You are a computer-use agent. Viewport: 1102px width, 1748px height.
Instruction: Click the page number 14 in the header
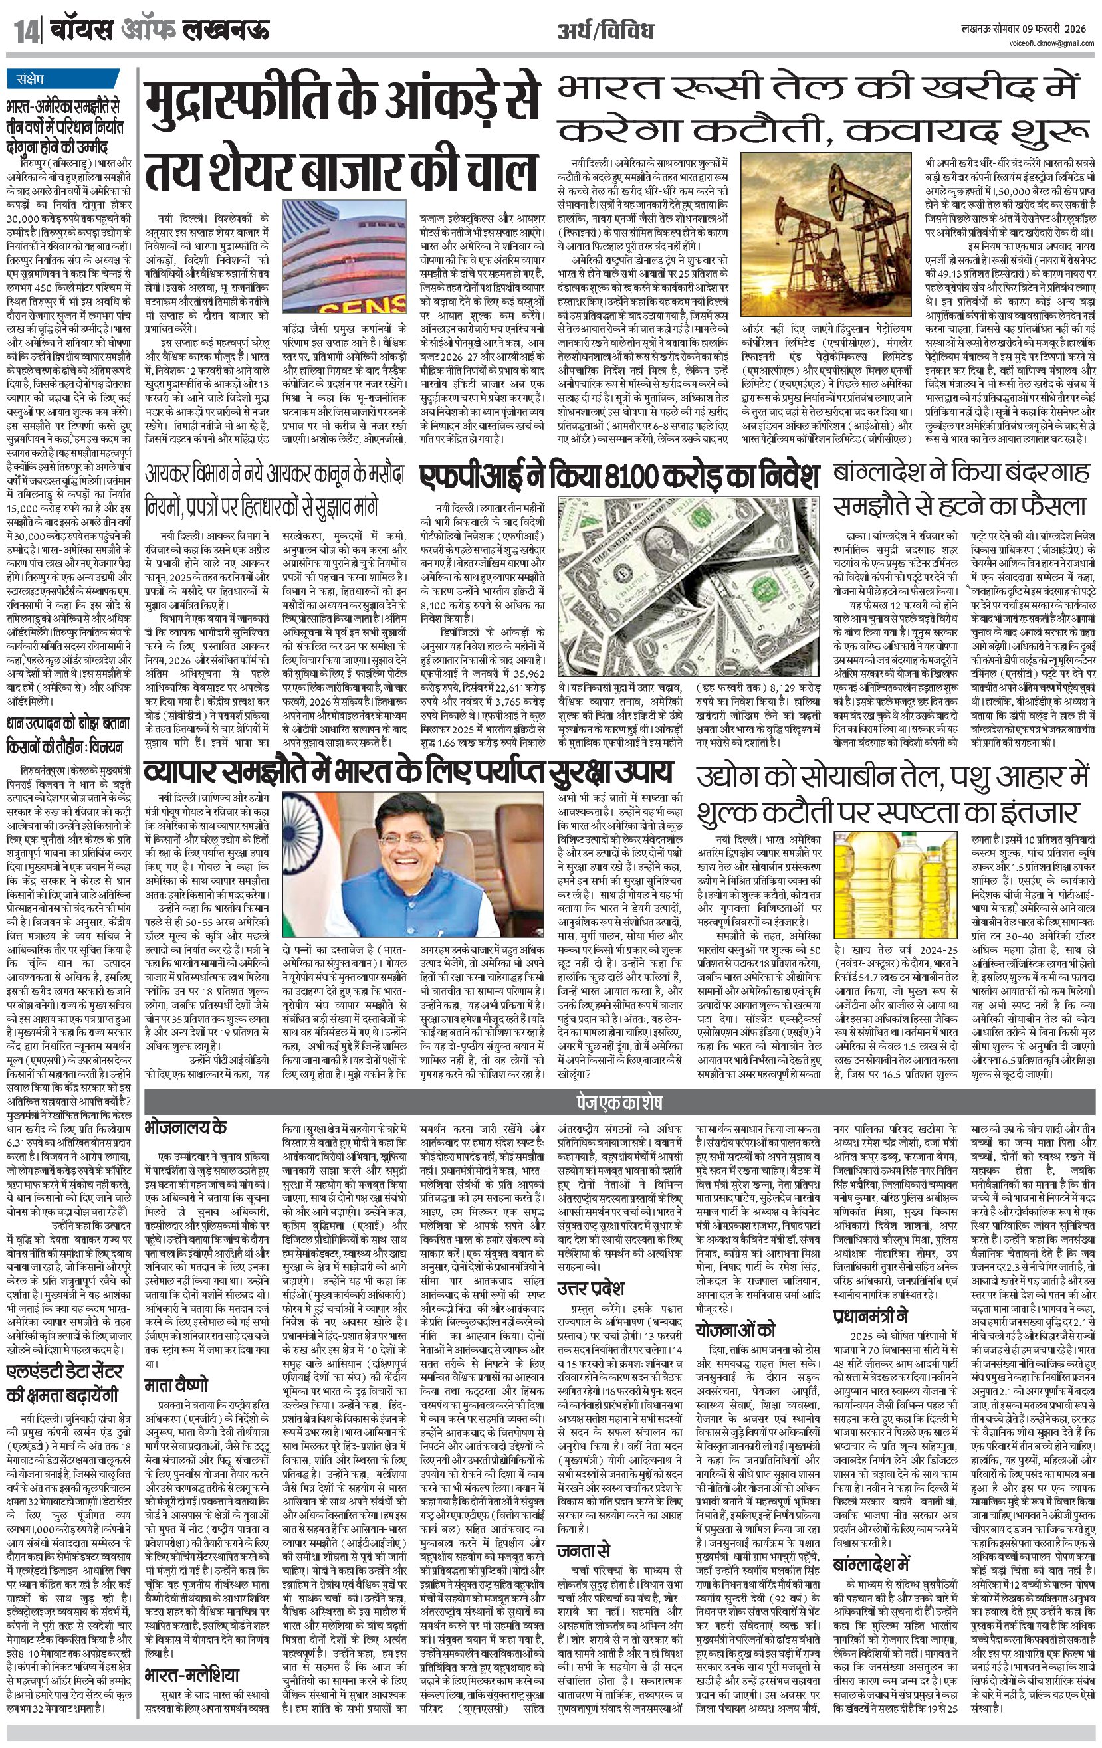point(25,31)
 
